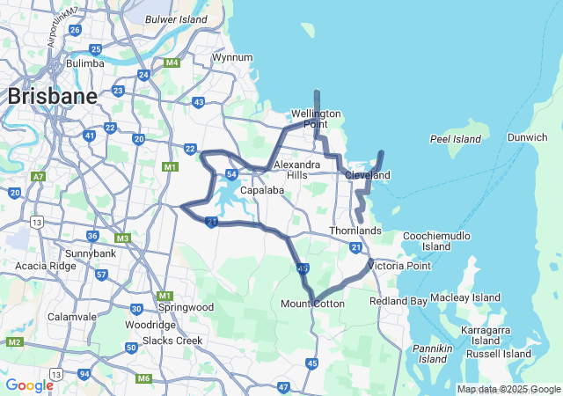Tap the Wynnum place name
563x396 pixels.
click(232, 58)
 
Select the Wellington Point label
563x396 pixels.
click(316, 119)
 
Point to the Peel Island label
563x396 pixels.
click(456, 139)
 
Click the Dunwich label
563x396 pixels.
click(528, 137)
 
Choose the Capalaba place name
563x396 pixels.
click(261, 190)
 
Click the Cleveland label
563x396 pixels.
click(368, 175)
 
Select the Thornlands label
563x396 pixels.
click(355, 231)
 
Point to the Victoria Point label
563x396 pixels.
click(399, 265)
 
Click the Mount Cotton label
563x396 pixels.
click(312, 304)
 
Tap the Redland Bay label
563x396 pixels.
click(398, 301)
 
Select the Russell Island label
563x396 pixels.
click(499, 354)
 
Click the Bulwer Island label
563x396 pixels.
click(176, 18)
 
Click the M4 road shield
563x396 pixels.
click(172, 62)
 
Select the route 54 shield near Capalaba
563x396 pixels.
click(230, 175)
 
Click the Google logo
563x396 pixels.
click(29, 385)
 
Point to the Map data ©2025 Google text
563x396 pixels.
click(508, 389)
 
